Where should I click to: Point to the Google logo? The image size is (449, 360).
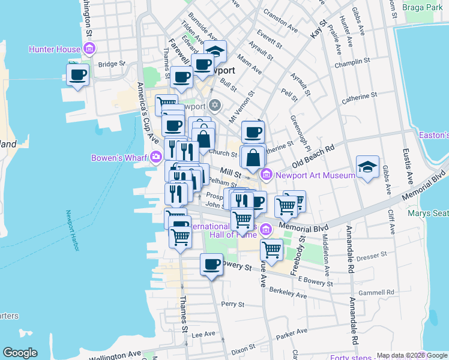point(20,353)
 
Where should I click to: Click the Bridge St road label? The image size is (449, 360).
point(111,64)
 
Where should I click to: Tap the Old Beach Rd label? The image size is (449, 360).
point(313,156)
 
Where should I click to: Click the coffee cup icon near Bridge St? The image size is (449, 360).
point(78,75)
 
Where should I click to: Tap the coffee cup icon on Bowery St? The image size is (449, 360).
point(211,264)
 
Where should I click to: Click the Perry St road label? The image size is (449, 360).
point(232,305)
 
